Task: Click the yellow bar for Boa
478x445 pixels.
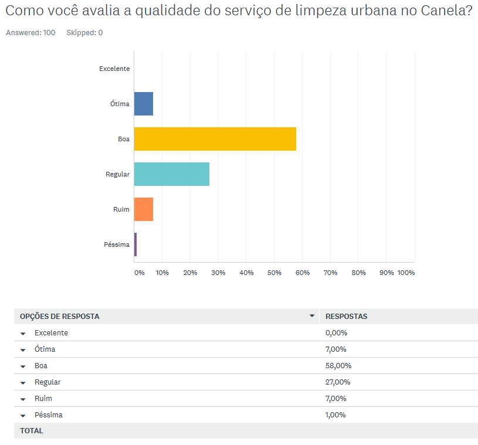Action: pos(215,139)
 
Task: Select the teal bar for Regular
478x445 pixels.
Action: pos(171,174)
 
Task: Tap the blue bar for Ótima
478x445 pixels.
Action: pos(144,104)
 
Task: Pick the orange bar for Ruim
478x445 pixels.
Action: pos(144,209)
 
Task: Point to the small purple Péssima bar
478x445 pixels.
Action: pos(135,244)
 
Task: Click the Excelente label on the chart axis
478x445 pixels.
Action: pos(114,69)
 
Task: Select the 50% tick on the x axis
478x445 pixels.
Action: pos(274,273)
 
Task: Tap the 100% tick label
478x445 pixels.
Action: pos(406,273)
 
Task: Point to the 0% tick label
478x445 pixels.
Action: pos(139,273)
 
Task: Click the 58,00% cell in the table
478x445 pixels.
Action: pos(338,366)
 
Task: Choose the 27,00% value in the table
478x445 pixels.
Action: pos(338,382)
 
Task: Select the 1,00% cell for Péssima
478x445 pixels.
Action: pos(335,415)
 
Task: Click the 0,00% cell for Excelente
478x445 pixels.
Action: pos(336,333)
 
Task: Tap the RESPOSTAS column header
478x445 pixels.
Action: pos(346,317)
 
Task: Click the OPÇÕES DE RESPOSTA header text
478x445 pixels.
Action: pos(60,317)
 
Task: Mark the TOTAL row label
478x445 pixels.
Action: pos(32,431)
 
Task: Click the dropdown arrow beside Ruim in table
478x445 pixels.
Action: pos(23,399)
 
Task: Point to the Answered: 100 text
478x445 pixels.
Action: pos(30,33)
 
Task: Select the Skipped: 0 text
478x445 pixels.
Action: pos(84,33)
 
